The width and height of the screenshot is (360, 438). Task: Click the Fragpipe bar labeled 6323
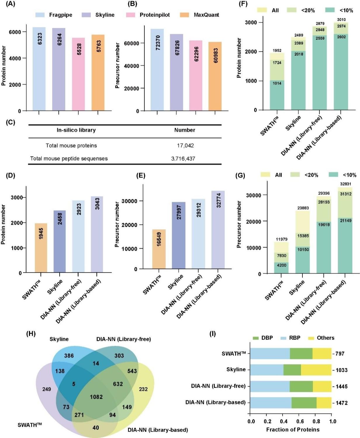pos(39,69)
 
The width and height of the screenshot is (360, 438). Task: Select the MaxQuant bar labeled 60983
pos(215,76)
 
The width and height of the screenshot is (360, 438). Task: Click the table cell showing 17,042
pos(185,145)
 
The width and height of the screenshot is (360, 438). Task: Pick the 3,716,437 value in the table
pos(183,159)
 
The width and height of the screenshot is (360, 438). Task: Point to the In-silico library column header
pos(76,130)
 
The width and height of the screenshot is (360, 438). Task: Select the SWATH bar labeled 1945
pos(41,248)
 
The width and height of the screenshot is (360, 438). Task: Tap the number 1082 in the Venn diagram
pos(96,397)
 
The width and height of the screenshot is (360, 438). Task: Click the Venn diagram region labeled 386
pos(69,356)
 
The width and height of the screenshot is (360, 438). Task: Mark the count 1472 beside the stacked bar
pos(341,403)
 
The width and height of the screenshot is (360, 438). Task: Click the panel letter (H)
pos(31,333)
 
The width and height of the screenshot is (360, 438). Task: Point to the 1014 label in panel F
pos(277,83)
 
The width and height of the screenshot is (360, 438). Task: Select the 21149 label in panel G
pos(346,220)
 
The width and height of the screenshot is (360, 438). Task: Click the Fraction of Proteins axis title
pos(293,430)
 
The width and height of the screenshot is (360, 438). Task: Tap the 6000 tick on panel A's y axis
pos(15,32)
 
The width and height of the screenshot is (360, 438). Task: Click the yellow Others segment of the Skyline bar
pos(316,370)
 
